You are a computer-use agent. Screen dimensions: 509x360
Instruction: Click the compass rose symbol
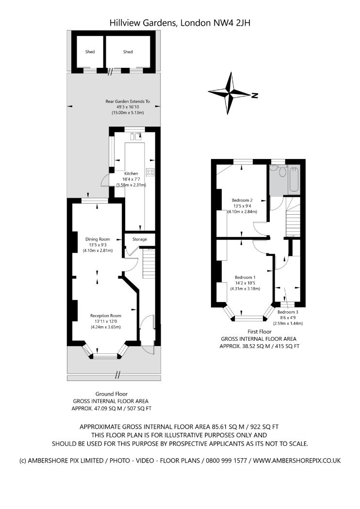tap(229, 93)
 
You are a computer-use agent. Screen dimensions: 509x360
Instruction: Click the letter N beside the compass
tap(254, 95)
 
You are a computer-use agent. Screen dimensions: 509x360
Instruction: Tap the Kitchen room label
tap(131, 174)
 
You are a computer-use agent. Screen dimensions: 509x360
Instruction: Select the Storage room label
tap(140, 239)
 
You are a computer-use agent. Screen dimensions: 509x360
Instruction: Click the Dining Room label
tap(98, 239)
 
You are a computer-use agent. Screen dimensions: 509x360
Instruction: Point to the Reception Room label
tap(105, 316)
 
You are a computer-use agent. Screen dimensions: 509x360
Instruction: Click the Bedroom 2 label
tap(242, 200)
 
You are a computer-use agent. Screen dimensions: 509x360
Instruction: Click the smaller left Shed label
tap(90, 52)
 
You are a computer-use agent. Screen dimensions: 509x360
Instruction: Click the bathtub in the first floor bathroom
tap(294, 177)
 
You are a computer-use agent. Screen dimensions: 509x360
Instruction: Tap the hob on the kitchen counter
tap(150, 172)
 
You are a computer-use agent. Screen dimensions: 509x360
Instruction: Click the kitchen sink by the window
tap(135, 137)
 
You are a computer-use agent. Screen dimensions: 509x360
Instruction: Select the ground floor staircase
tap(149, 264)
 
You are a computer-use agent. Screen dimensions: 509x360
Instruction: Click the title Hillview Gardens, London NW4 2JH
tap(180, 22)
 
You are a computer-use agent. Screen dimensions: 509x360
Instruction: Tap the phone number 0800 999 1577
tap(223, 461)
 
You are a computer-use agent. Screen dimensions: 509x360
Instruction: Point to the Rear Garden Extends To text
tap(128, 102)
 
